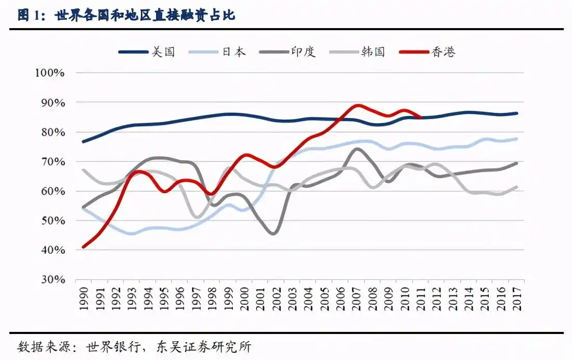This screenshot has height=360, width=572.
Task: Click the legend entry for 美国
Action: point(147,52)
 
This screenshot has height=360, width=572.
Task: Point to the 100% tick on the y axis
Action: point(50,73)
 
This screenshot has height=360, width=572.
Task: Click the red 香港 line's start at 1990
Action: point(84,247)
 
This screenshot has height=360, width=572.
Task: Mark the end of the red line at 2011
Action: point(421,117)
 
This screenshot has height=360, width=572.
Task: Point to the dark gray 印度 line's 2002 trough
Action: point(274,234)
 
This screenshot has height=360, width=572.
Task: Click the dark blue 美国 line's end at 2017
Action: point(517,113)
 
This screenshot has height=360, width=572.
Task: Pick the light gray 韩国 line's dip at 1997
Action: point(196,217)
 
